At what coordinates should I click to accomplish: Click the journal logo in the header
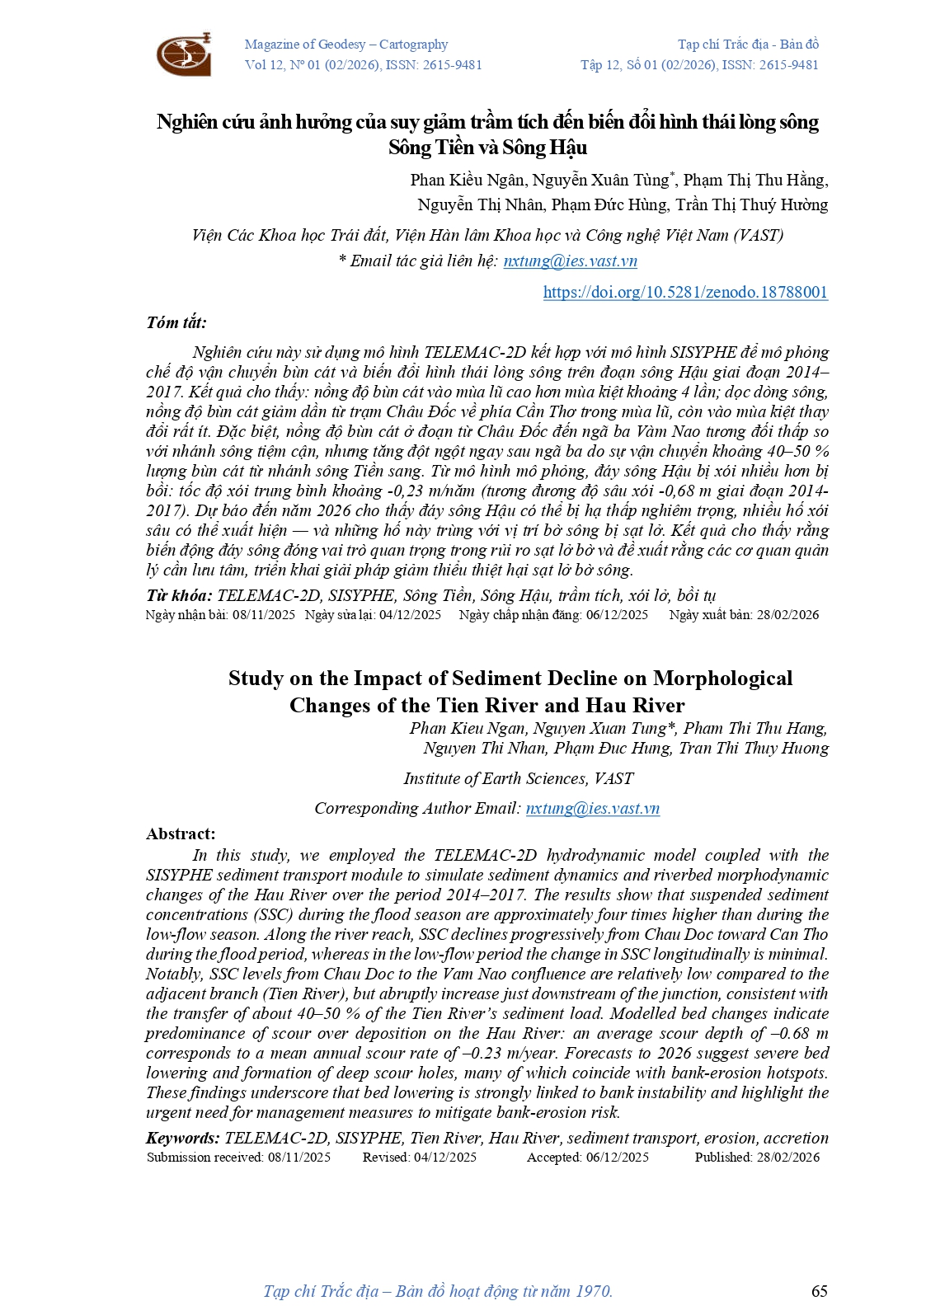click(184, 54)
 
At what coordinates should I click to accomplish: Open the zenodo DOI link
click(684, 292)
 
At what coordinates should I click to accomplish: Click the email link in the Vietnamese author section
click(570, 261)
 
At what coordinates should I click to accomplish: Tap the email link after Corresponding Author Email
click(592, 809)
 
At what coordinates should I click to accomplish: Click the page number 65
click(819, 1291)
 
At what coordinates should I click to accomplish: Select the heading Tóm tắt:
click(176, 322)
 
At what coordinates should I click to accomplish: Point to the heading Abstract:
click(181, 834)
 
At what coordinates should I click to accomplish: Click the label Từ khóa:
click(179, 595)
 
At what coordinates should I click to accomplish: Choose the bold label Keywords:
click(182, 1139)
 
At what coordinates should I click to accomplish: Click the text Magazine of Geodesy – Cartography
click(346, 45)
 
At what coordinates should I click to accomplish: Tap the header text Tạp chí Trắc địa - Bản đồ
click(748, 45)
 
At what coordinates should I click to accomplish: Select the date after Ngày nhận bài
click(264, 615)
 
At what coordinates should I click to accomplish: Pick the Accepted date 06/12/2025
click(617, 1158)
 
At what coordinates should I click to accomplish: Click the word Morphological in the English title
click(722, 679)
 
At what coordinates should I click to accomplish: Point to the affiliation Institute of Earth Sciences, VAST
click(518, 779)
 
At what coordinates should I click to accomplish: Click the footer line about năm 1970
click(438, 1291)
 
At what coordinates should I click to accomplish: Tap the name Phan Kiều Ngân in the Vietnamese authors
click(468, 181)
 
